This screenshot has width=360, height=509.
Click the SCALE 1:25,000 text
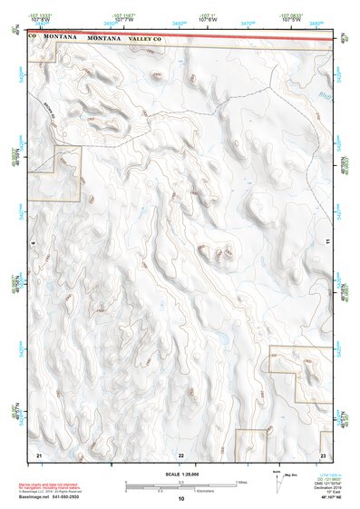coord(180,475)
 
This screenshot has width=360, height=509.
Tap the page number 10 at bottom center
coord(180,499)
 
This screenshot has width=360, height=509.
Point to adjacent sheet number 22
coord(180,455)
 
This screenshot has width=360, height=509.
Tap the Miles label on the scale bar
coord(241,482)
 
